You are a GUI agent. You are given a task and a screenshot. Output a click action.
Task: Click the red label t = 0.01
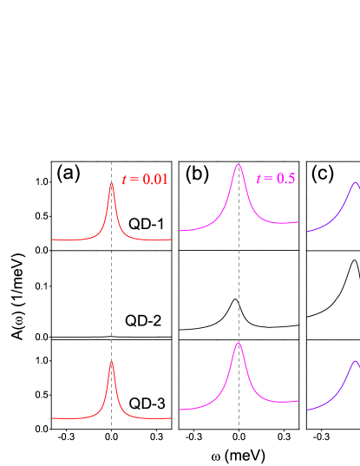point(144,180)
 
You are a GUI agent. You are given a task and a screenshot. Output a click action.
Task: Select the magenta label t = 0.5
point(275,179)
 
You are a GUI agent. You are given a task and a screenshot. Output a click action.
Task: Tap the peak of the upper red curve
point(111,184)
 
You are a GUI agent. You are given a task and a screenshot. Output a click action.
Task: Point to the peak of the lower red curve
point(111,363)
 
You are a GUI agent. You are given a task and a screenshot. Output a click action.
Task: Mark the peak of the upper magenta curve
point(239,163)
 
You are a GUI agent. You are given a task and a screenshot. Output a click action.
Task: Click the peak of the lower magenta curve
point(239,343)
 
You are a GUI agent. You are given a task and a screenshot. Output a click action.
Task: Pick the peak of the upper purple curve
point(356,182)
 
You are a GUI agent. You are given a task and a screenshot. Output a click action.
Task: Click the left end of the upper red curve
point(52,239)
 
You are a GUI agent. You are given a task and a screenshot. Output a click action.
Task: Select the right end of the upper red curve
point(171,239)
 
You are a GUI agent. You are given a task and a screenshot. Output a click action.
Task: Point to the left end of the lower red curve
point(52,418)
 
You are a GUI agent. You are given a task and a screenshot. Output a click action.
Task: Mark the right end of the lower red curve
point(171,418)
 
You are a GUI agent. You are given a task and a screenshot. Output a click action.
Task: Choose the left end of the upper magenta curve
point(180,231)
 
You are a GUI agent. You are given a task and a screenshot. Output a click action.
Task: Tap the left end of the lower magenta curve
point(180,410)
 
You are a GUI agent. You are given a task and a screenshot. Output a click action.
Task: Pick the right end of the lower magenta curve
point(298,402)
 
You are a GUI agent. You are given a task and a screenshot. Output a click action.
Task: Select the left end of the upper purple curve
point(307,232)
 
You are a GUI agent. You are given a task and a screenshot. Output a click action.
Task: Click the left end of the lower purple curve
point(307,410)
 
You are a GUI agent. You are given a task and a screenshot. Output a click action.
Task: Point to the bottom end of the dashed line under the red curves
point(111,428)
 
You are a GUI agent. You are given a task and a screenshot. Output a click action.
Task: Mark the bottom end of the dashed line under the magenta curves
point(239,428)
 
